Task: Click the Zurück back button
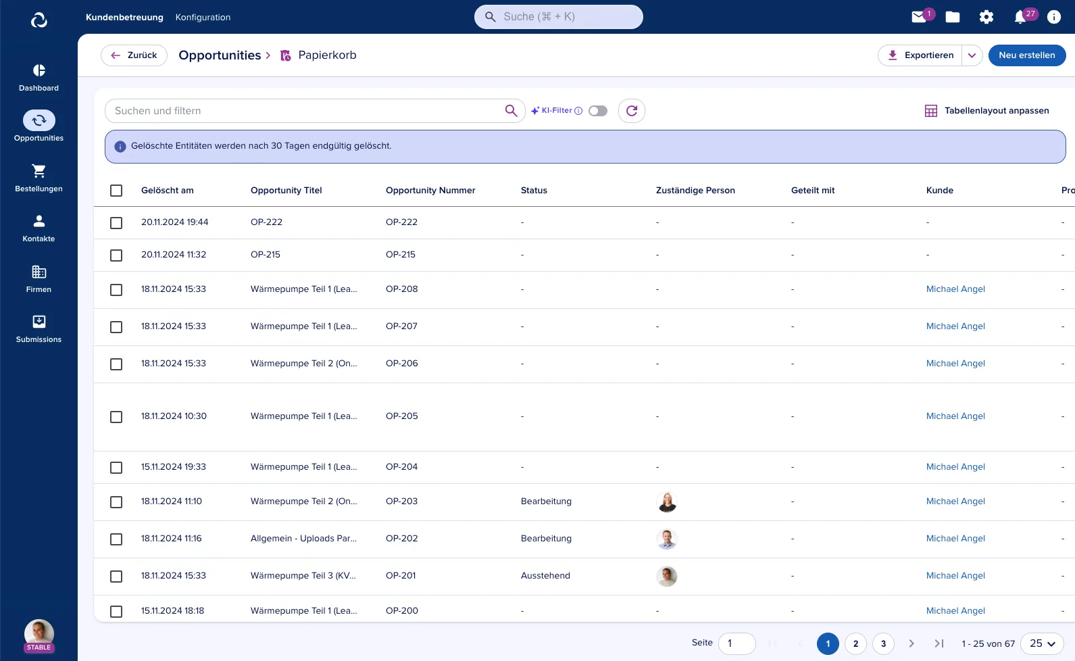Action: click(134, 55)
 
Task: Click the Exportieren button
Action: click(920, 55)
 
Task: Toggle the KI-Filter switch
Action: click(597, 111)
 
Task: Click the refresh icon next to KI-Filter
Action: click(632, 111)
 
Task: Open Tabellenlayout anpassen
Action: click(986, 111)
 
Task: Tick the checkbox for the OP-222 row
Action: click(116, 223)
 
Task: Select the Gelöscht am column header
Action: click(168, 190)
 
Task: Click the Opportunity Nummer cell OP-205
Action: click(401, 416)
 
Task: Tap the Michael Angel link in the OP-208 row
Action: click(955, 289)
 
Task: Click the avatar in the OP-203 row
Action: click(667, 502)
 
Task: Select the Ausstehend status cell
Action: click(545, 576)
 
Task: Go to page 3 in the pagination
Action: click(883, 643)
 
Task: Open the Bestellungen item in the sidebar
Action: click(39, 178)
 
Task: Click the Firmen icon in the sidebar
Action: click(39, 272)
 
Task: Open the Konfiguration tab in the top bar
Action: click(203, 18)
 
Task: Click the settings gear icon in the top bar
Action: click(986, 18)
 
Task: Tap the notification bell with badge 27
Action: click(1021, 18)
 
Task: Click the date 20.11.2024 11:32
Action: click(174, 254)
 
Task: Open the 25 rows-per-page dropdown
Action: click(1043, 643)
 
